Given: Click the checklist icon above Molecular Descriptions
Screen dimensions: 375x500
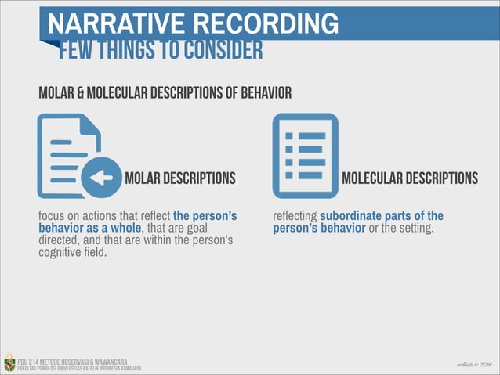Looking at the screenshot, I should click(x=305, y=155).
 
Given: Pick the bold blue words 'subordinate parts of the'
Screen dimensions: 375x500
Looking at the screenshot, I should click(x=382, y=215).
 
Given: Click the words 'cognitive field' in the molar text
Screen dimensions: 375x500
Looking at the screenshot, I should click(x=72, y=253).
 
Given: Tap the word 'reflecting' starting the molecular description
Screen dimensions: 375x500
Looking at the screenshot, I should click(x=295, y=215).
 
